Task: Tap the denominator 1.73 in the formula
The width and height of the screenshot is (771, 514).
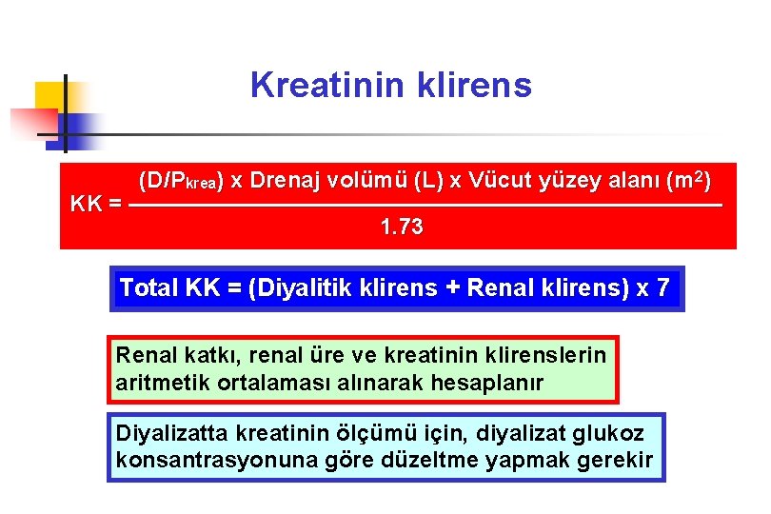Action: coord(401,228)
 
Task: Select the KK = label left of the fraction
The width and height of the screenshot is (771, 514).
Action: coord(96,204)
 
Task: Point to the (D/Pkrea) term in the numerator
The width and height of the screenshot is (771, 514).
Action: coord(182,180)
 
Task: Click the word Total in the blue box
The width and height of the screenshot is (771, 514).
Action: coord(149,288)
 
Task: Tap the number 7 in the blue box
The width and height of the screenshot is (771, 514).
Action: coord(662,288)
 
